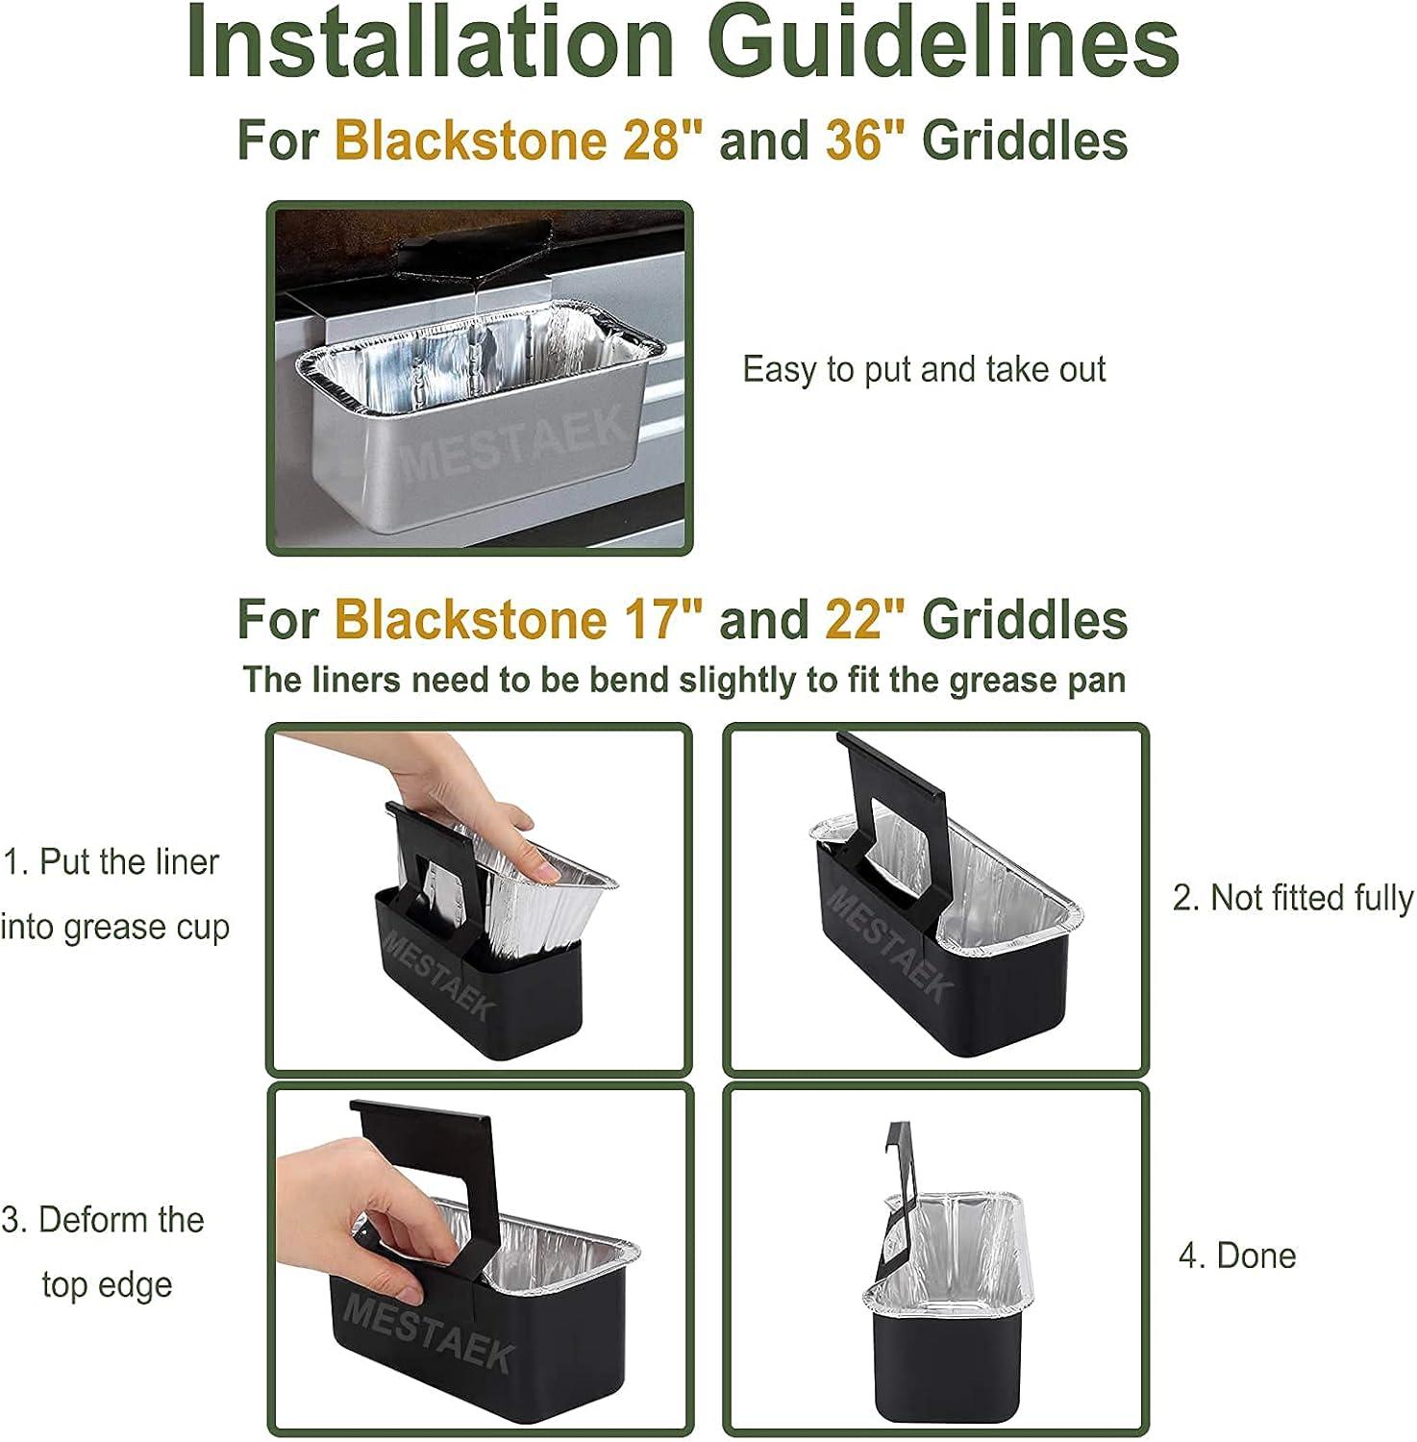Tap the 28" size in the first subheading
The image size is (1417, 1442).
(662, 140)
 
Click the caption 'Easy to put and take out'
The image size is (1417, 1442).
(924, 370)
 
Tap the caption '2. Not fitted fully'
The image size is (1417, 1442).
(1292, 898)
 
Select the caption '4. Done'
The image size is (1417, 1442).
(1237, 1256)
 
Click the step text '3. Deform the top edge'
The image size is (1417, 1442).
(104, 1252)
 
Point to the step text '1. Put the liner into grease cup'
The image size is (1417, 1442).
(114, 894)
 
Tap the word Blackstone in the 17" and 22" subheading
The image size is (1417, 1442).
(470, 619)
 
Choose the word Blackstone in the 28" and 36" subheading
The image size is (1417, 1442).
(470, 140)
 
